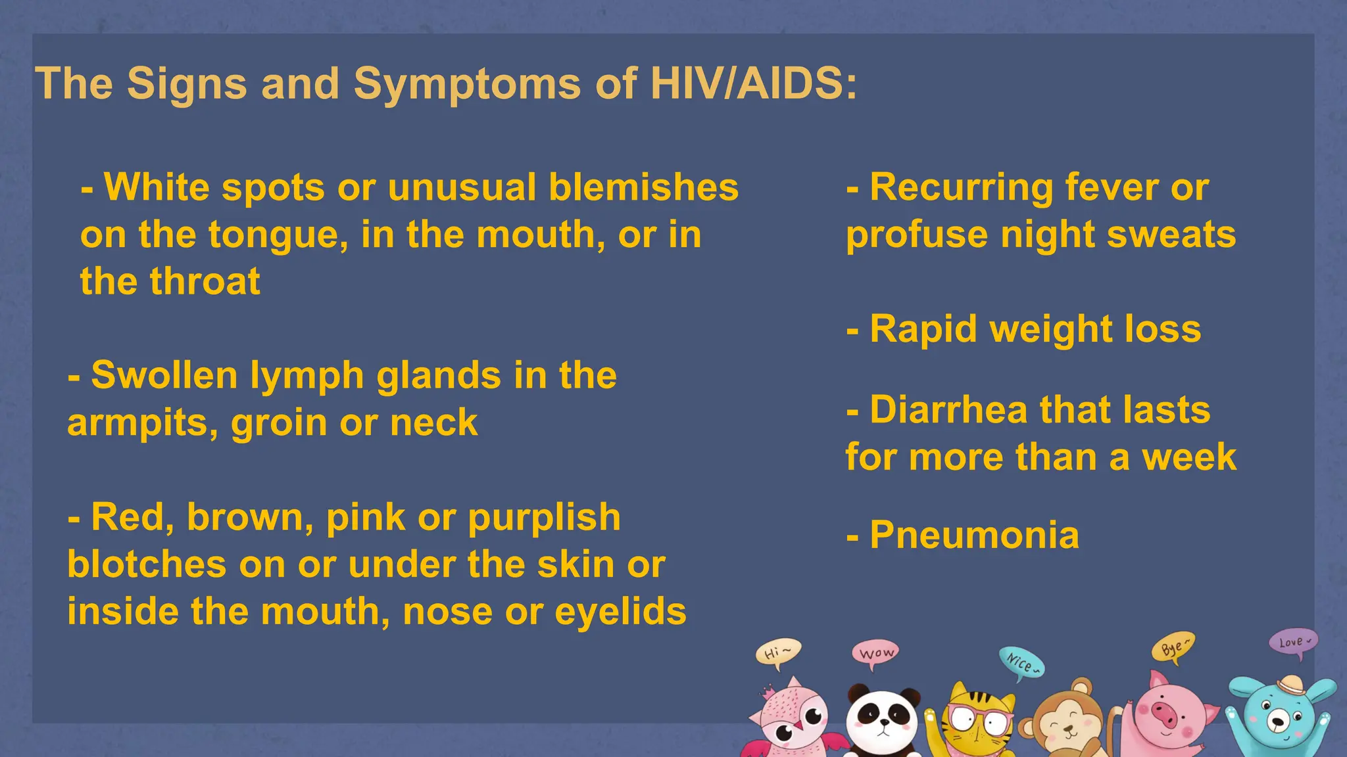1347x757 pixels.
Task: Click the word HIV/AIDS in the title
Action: pyautogui.click(x=753, y=83)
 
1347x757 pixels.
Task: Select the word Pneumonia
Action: pyautogui.click(x=974, y=535)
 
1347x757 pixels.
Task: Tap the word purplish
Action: pyautogui.click(x=544, y=517)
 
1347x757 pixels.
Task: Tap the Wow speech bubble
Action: pyautogui.click(x=875, y=653)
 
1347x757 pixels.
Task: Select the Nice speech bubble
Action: pyautogui.click(x=1021, y=662)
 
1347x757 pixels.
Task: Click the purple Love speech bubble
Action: pyautogui.click(x=1292, y=641)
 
